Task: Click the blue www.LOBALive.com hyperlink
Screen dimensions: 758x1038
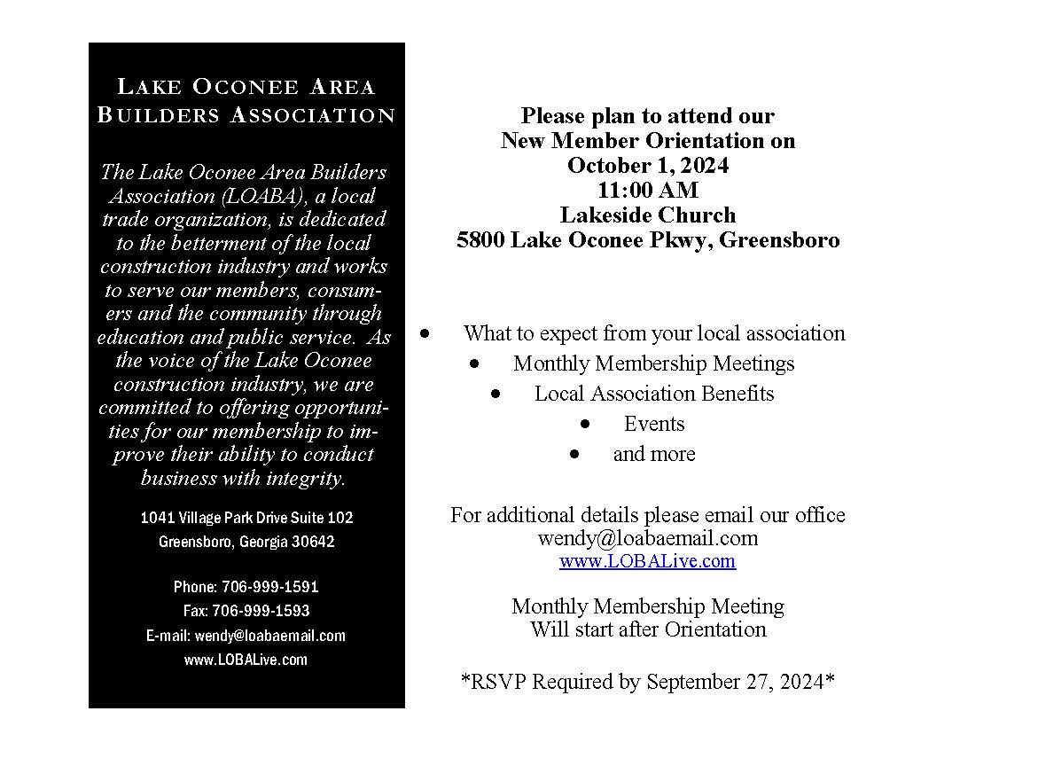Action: [x=647, y=561]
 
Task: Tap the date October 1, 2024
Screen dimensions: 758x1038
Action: [x=648, y=166]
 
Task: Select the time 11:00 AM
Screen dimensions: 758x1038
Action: [x=648, y=191]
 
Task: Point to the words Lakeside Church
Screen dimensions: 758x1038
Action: [x=648, y=215]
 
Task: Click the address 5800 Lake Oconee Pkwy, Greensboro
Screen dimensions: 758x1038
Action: [x=648, y=240]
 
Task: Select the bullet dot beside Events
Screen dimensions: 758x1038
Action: [x=586, y=424]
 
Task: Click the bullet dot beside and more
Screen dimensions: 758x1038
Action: [x=575, y=454]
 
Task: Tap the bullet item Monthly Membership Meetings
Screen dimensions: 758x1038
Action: [x=653, y=363]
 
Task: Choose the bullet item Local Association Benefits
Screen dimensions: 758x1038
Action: [x=654, y=394]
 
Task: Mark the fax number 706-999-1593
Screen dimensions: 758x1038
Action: [x=261, y=611]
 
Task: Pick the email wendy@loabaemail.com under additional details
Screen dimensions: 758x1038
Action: [x=648, y=538]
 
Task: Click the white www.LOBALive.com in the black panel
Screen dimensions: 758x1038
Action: [x=246, y=660]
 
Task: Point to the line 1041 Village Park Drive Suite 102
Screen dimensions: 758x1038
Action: [x=246, y=518]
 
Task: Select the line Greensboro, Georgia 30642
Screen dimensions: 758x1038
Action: [x=246, y=542]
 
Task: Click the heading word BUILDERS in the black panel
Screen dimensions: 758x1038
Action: [x=159, y=115]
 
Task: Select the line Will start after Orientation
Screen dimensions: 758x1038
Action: [x=648, y=630]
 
